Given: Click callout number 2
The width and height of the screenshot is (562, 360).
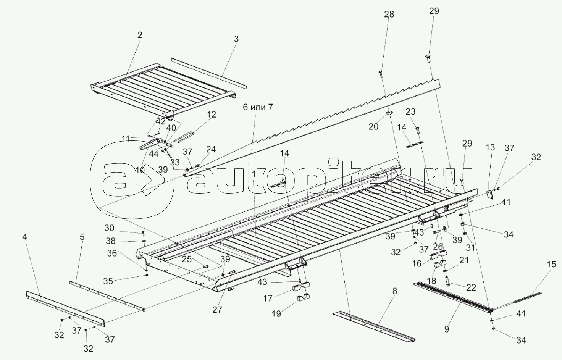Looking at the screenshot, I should pyautogui.click(x=140, y=35).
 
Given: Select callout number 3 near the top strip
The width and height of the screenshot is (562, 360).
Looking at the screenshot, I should pyautogui.click(x=236, y=39).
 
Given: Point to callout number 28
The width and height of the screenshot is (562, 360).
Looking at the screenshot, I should pyautogui.click(x=389, y=15).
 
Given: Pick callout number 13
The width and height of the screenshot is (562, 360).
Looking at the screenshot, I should pyautogui.click(x=490, y=147).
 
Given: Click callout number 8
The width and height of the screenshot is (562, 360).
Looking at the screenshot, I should pyautogui.click(x=395, y=291).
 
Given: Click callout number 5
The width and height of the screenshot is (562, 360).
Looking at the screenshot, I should pyautogui.click(x=82, y=237).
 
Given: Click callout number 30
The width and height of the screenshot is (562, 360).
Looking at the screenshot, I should pyautogui.click(x=109, y=229).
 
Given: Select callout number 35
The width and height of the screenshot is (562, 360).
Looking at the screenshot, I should pyautogui.click(x=109, y=281).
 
